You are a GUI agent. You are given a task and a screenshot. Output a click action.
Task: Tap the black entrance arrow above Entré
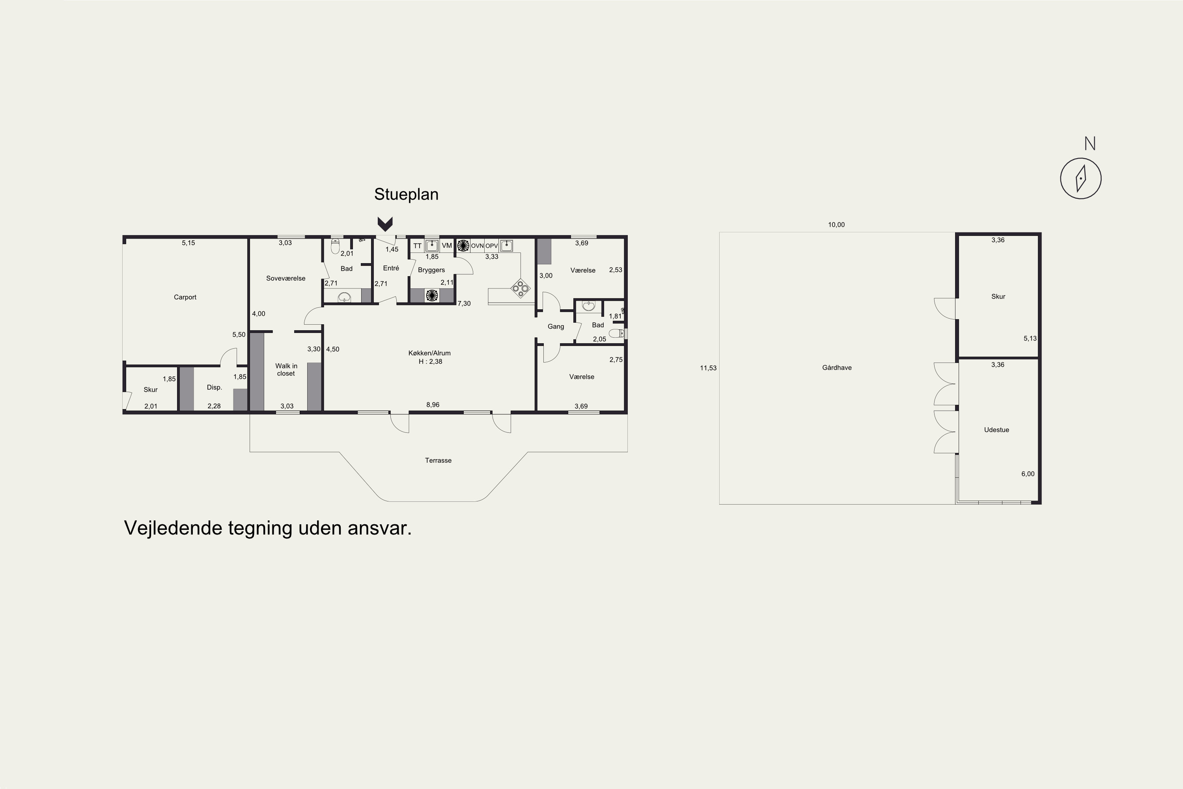click(x=385, y=224)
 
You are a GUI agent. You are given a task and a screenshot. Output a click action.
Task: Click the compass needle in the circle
click(x=1080, y=179)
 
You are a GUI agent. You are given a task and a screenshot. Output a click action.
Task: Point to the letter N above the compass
click(x=1090, y=144)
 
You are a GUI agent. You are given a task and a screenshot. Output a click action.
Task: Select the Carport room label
click(x=185, y=297)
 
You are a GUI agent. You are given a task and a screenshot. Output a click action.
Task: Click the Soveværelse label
click(x=285, y=278)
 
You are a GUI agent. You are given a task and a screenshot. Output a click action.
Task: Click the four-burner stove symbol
click(x=521, y=288)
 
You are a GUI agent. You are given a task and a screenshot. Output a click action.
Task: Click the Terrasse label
click(x=438, y=460)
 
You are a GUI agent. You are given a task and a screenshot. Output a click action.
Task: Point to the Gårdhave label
click(x=837, y=368)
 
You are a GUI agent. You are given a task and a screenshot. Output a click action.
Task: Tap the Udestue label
click(x=996, y=430)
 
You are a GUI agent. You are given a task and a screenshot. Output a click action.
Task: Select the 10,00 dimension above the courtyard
click(x=836, y=225)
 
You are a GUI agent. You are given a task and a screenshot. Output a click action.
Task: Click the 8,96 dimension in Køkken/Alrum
click(x=433, y=405)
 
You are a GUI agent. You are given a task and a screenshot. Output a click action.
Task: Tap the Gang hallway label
click(x=556, y=327)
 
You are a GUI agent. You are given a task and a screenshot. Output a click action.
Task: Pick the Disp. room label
click(x=214, y=387)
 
